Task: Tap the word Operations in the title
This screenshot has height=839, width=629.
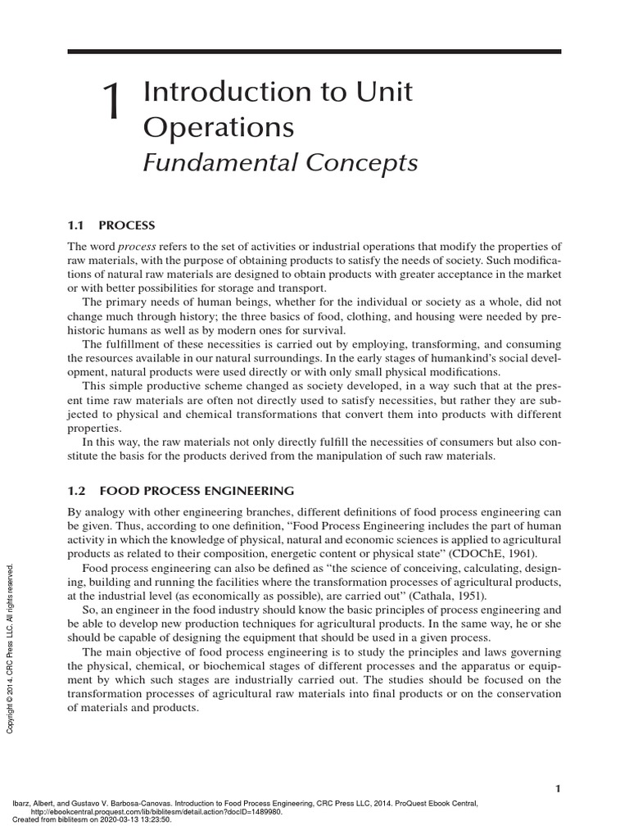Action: [218, 127]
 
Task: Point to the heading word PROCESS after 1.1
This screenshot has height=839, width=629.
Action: [127, 224]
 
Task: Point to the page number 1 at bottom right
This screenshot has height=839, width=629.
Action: [558, 788]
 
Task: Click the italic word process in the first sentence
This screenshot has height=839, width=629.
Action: [137, 247]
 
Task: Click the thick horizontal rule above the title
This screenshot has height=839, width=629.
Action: [314, 52]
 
